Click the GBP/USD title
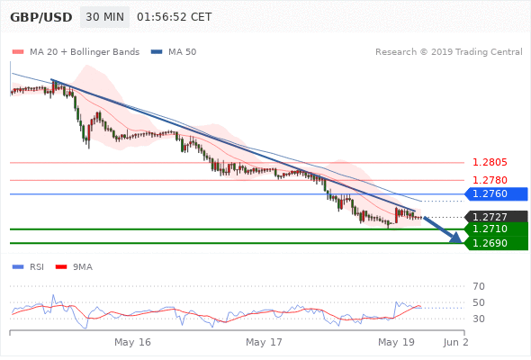pyautogui.click(x=41, y=17)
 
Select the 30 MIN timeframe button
pyautogui.click(x=104, y=17)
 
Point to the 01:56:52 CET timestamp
pyautogui.click(x=174, y=17)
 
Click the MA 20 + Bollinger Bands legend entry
pyautogui.click(x=76, y=52)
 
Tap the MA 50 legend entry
pyautogui.click(x=174, y=52)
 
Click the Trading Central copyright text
pyautogui.click(x=449, y=52)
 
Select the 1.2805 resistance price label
pyautogui.click(x=490, y=162)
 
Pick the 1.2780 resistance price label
pyautogui.click(x=490, y=180)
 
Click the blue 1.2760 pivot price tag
pyautogui.click(x=496, y=193)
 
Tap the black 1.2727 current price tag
pyautogui.click(x=496, y=217)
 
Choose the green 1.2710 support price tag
pyautogui.click(x=496, y=229)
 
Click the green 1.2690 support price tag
pyautogui.click(x=496, y=243)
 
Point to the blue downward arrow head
pyautogui.click(x=456, y=238)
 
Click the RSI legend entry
pyautogui.click(x=28, y=267)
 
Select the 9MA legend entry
pyautogui.click(x=74, y=267)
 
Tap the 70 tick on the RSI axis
pyautogui.click(x=479, y=286)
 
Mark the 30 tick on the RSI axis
pyautogui.click(x=479, y=319)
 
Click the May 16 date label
pyautogui.click(x=132, y=342)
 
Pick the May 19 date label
pyautogui.click(x=396, y=342)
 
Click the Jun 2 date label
pyautogui.click(x=455, y=342)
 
